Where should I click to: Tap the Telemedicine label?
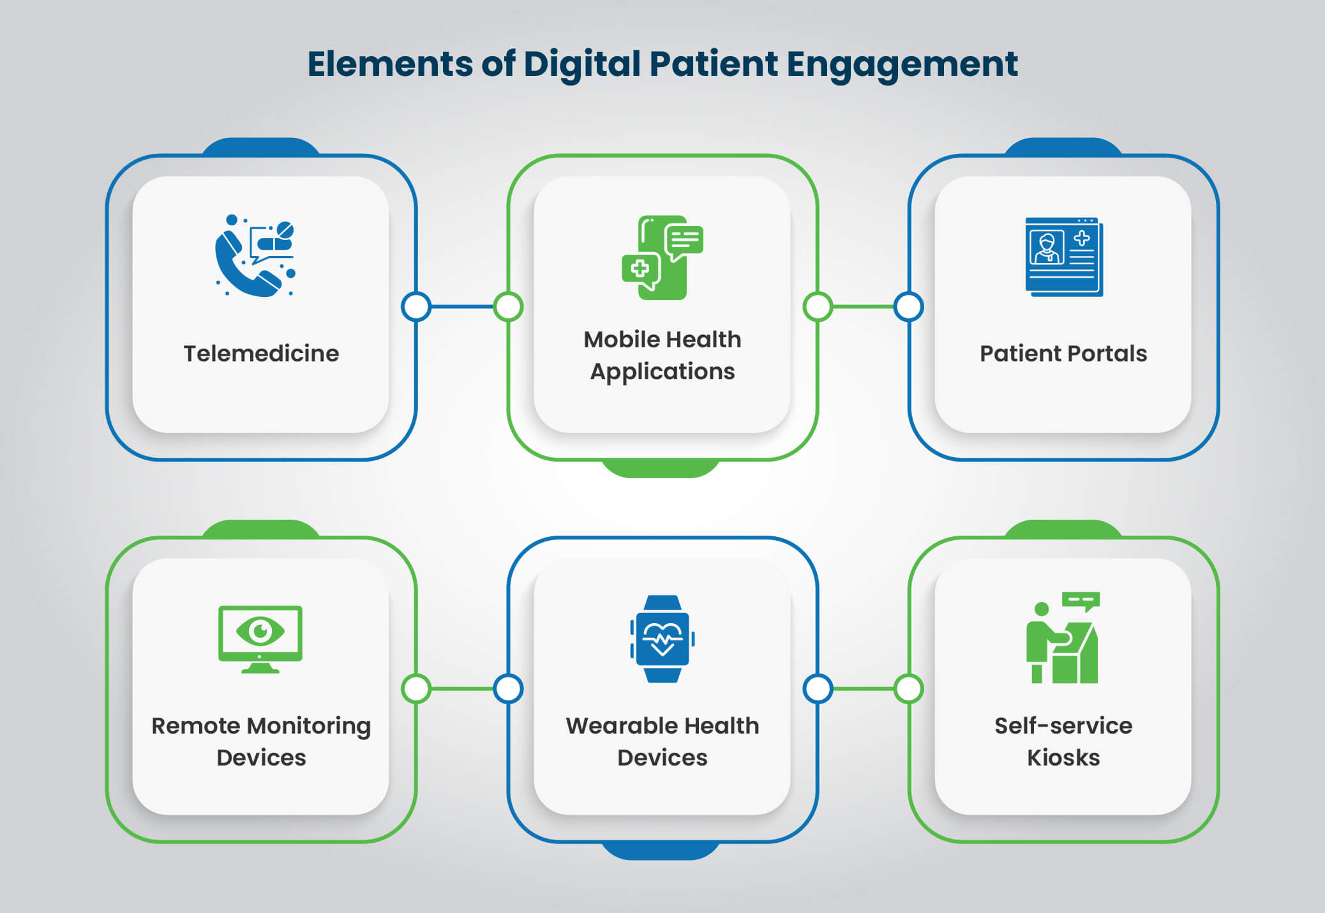261,354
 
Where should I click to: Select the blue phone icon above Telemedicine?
253,257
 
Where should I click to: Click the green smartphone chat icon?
662,257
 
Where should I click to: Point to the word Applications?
662,372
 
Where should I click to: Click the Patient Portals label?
1063,354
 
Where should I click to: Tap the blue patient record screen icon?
1063,257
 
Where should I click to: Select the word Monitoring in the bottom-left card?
308,726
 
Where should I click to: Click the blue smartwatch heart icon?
662,638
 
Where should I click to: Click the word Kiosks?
1063,758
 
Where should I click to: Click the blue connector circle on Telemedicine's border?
416,306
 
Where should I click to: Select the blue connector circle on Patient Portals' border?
908,306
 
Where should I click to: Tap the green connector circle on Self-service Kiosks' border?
908,689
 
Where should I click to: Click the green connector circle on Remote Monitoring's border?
416,689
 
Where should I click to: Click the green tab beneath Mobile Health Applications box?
661,469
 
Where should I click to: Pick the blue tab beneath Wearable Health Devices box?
661,851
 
